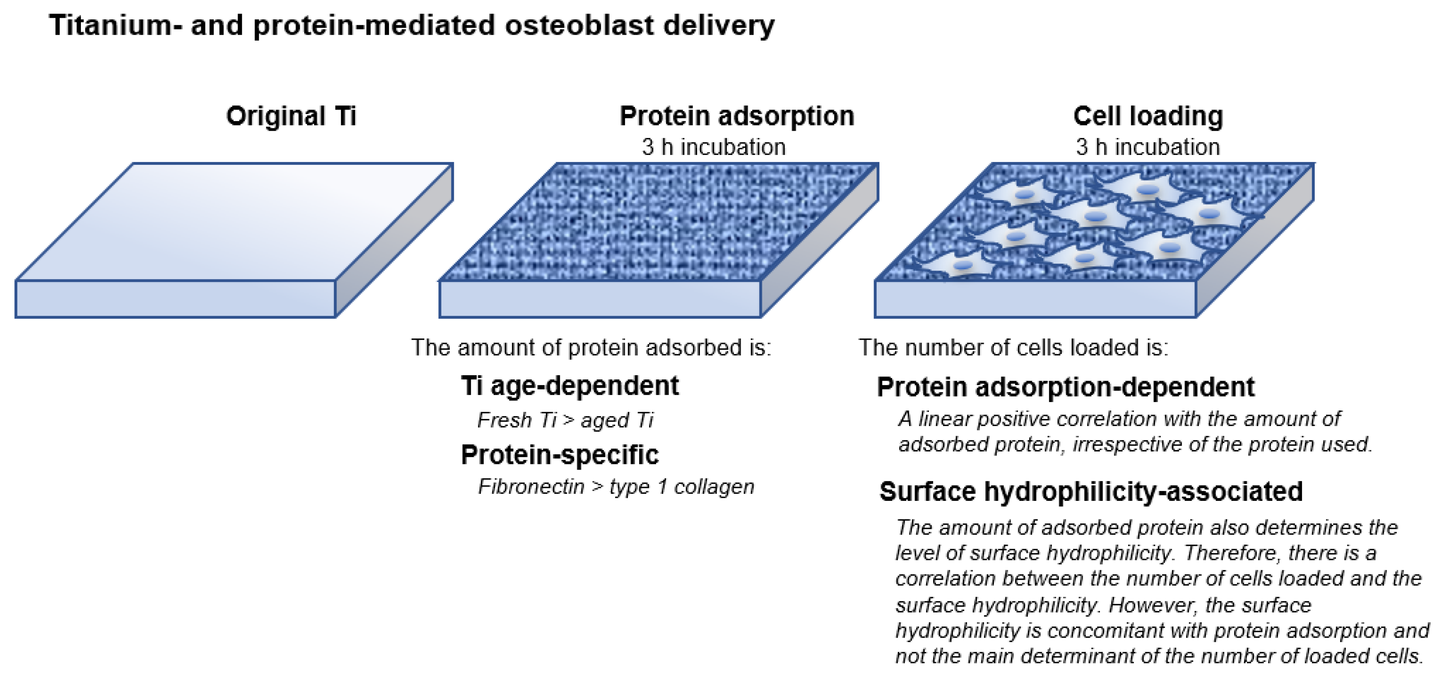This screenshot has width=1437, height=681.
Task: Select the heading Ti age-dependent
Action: click(x=570, y=386)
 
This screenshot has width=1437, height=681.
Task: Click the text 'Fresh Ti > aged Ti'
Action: click(x=565, y=420)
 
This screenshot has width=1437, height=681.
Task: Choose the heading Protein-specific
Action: click(x=559, y=455)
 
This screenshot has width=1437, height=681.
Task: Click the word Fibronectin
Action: click(x=531, y=486)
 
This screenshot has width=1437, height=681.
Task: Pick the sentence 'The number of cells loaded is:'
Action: click(x=1013, y=348)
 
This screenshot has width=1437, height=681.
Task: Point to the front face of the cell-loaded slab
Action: click(x=1035, y=299)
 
